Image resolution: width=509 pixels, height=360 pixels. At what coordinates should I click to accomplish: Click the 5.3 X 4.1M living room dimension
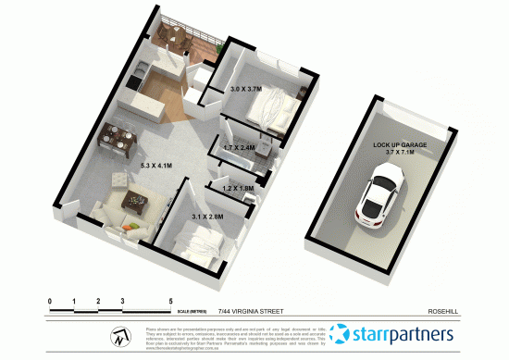tap(154, 166)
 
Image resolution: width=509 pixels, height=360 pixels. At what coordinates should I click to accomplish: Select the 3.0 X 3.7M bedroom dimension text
tap(246, 90)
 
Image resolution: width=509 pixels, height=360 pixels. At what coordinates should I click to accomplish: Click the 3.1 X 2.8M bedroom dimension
tap(205, 217)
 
